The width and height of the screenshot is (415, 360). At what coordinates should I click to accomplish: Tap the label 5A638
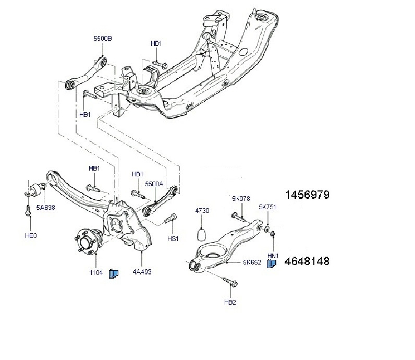45,207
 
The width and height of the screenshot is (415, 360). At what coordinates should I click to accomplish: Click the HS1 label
173,238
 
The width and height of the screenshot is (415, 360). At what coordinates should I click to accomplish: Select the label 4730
202,210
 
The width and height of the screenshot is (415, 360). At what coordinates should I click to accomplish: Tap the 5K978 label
241,198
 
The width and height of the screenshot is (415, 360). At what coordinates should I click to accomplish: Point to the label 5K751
267,207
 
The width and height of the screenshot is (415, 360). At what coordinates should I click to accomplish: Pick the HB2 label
230,302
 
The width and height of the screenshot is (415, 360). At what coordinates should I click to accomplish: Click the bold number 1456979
307,195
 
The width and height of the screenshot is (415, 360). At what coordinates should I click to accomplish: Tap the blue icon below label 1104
114,273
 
